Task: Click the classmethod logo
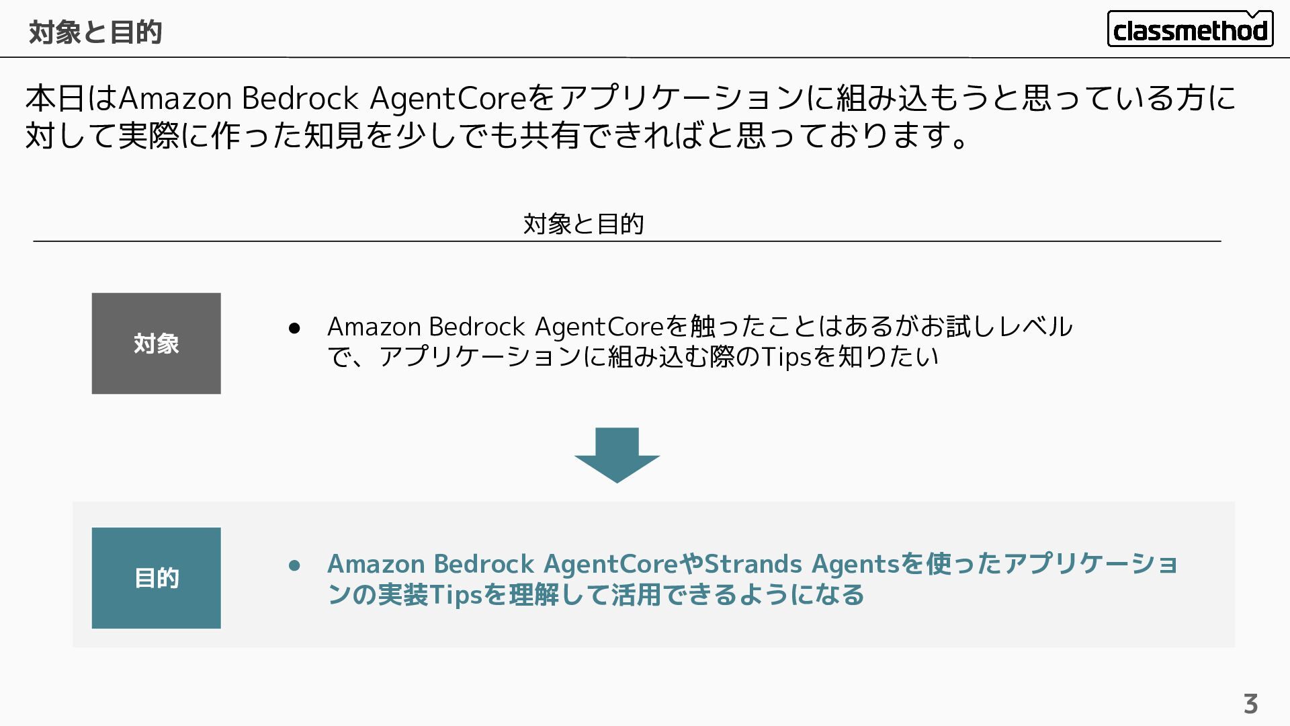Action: pyautogui.click(x=1189, y=30)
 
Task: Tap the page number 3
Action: pyautogui.click(x=1250, y=704)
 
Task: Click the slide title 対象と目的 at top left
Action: pyautogui.click(x=95, y=32)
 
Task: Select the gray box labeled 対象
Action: pyautogui.click(x=156, y=343)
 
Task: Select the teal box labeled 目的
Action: pyautogui.click(x=156, y=577)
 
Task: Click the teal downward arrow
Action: pyautogui.click(x=617, y=455)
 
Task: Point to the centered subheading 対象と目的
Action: pyautogui.click(x=583, y=223)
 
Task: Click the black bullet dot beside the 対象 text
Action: pyautogui.click(x=294, y=328)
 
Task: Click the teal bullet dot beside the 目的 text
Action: pyautogui.click(x=294, y=565)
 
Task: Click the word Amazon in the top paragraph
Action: pyautogui.click(x=176, y=98)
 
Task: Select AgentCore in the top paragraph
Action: pyautogui.click(x=448, y=98)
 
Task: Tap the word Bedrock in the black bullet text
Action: pyautogui.click(x=477, y=327)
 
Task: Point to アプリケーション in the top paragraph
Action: pyautogui.click(x=681, y=98)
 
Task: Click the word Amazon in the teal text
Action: pyautogui.click(x=376, y=563)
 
